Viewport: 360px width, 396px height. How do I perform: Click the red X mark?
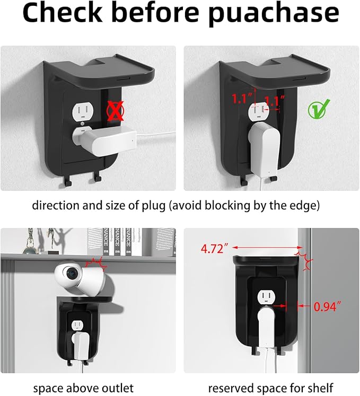pyautogui.click(x=115, y=111)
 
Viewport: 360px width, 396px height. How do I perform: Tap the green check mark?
pyautogui.click(x=319, y=109)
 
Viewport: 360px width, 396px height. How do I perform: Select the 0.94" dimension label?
pyautogui.click(x=328, y=306)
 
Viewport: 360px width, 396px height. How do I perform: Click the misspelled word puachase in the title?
pyautogui.click(x=274, y=13)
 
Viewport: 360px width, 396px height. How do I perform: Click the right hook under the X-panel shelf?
pyautogui.click(x=97, y=178)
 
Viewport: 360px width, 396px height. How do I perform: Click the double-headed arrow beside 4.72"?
pyautogui.click(x=267, y=248)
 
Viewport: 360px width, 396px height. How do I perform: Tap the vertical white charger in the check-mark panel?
pyautogui.click(x=265, y=149)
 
